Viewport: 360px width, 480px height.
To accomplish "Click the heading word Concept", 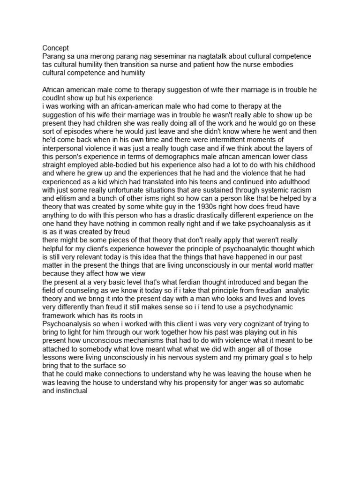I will click(x=55, y=48).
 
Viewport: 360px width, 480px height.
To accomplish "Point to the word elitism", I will click(x=55, y=199).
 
